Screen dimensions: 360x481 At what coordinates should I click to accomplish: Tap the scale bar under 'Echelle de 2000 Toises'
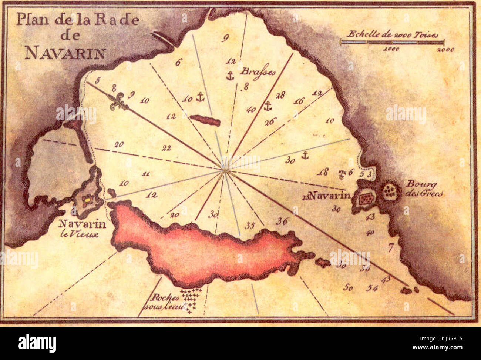click(392, 42)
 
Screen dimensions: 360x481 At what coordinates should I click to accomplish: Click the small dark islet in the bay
click(205, 120)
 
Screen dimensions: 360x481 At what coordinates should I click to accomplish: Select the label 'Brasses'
click(258, 71)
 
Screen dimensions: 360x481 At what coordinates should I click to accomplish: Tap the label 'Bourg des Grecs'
click(424, 188)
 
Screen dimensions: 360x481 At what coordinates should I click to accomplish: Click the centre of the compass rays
click(224, 170)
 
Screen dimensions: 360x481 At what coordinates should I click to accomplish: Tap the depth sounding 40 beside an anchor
click(251, 110)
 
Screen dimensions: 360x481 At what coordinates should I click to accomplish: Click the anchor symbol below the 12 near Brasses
click(230, 76)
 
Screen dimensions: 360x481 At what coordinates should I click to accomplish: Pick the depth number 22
click(166, 148)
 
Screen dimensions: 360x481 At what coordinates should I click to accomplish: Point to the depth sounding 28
click(280, 95)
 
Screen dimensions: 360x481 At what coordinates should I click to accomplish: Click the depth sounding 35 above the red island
click(250, 225)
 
